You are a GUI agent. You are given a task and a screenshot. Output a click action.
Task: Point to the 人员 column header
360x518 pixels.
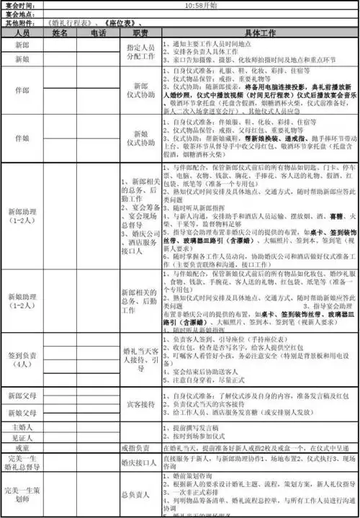22,33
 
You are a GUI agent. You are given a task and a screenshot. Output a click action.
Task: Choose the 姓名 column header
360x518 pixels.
60,33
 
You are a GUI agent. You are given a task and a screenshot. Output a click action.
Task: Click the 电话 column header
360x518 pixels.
99,33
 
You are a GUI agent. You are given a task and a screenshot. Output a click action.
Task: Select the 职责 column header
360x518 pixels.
140,33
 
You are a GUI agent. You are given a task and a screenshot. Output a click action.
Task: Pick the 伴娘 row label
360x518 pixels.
22,138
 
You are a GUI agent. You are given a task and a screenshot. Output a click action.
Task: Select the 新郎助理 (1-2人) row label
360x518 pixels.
22,216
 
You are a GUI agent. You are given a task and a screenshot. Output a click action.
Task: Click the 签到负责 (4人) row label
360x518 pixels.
22,357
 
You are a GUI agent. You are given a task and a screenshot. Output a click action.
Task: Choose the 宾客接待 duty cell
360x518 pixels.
140,404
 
